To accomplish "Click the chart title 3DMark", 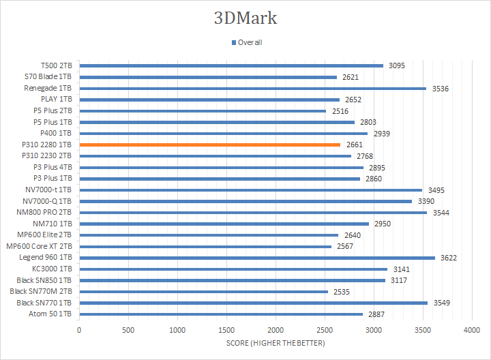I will coord(245,18).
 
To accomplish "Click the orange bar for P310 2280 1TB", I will coord(209,145).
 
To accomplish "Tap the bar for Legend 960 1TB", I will coord(257,258).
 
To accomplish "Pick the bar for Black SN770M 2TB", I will coord(203,291).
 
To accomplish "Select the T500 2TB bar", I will coord(231,65).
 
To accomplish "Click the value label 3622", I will coord(449,258).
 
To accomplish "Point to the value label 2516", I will coord(340,110).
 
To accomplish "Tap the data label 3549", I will coord(441,303).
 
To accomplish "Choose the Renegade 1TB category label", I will coord(48,88).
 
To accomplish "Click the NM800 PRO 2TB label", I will coord(43,212).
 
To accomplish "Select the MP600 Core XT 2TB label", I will coord(39,246).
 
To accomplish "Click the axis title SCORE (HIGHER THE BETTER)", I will coord(276,342).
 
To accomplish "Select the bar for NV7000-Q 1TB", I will coord(245,201).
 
